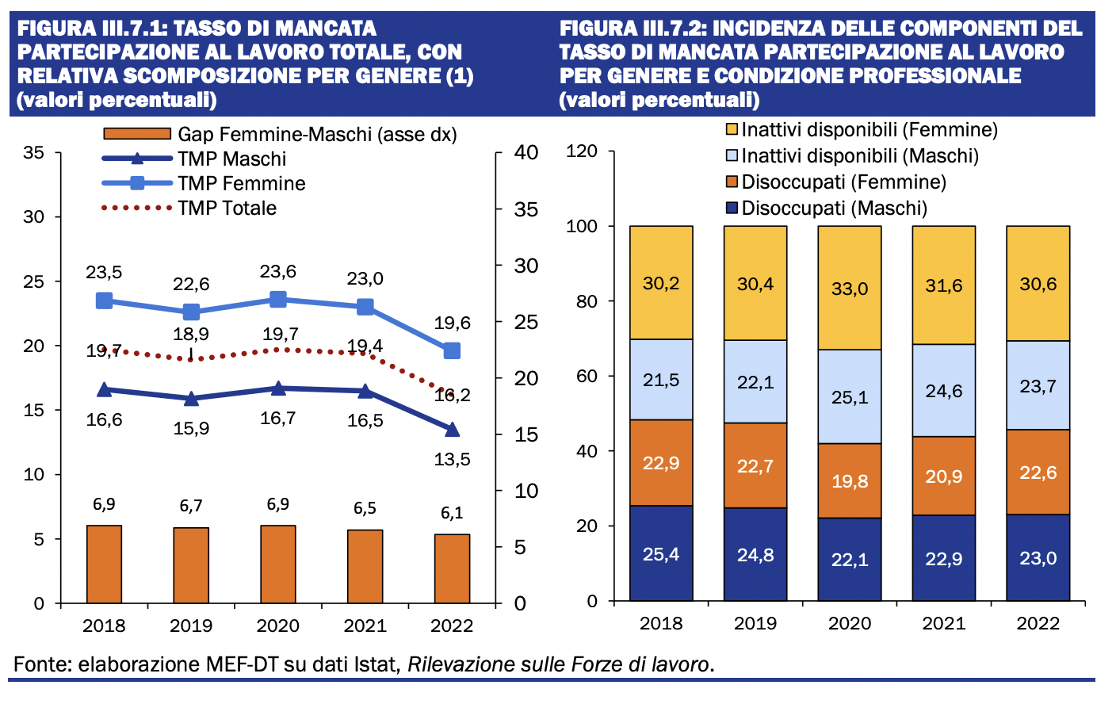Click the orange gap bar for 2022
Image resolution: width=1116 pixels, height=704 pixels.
pyautogui.click(x=452, y=568)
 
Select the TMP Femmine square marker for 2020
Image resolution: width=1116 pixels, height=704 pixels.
pyautogui.click(x=278, y=299)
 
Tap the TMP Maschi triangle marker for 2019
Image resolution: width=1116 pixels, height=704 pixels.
pyautogui.click(x=191, y=398)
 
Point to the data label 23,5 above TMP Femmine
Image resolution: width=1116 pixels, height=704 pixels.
pyautogui.click(x=104, y=273)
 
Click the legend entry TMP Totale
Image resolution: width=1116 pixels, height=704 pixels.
pyautogui.click(x=227, y=209)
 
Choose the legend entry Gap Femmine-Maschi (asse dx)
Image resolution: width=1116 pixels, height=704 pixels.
pyautogui.click(x=317, y=134)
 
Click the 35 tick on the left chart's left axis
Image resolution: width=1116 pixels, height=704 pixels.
pyautogui.click(x=33, y=152)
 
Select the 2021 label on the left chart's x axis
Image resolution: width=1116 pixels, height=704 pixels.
pyautogui.click(x=365, y=626)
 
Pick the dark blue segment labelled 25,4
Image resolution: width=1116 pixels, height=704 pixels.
pyautogui.click(x=661, y=553)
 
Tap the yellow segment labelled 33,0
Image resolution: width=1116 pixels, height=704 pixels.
pyautogui.click(x=850, y=288)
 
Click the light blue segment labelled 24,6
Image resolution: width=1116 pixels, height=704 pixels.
pyautogui.click(x=944, y=390)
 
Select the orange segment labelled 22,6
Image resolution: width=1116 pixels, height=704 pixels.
pyautogui.click(x=1038, y=472)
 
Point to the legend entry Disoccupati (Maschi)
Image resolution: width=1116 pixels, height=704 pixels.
pyautogui.click(x=834, y=209)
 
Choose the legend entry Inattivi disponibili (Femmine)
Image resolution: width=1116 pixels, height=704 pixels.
pyautogui.click(x=869, y=130)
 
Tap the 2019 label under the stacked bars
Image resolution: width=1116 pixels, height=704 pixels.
pyautogui.click(x=755, y=623)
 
